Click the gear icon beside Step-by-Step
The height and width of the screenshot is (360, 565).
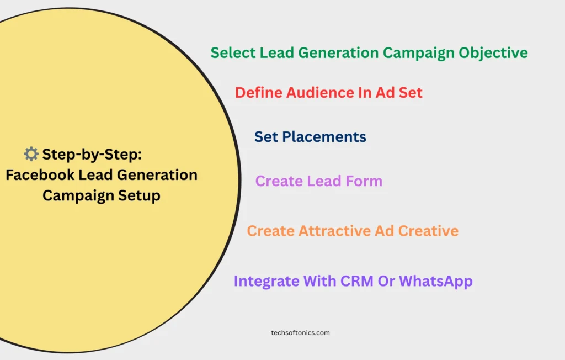[x=31, y=154]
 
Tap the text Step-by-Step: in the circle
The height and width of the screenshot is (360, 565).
[x=92, y=155]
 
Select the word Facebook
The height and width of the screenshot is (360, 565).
[x=40, y=175]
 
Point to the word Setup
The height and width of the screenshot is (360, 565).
[x=139, y=196]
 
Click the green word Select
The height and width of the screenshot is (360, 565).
[x=233, y=52]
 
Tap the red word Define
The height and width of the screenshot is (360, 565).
[x=258, y=93]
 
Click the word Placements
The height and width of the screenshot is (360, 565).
[x=324, y=137]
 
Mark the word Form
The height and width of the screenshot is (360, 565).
[x=364, y=181]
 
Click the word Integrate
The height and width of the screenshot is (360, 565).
[x=266, y=282]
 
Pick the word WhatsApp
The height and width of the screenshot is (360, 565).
[x=436, y=282]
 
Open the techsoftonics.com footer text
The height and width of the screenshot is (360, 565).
[x=301, y=333]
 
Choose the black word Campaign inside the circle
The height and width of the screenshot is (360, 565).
[x=78, y=196]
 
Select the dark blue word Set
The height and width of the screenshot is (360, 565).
[x=266, y=137]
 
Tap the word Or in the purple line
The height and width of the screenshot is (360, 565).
[x=386, y=281]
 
